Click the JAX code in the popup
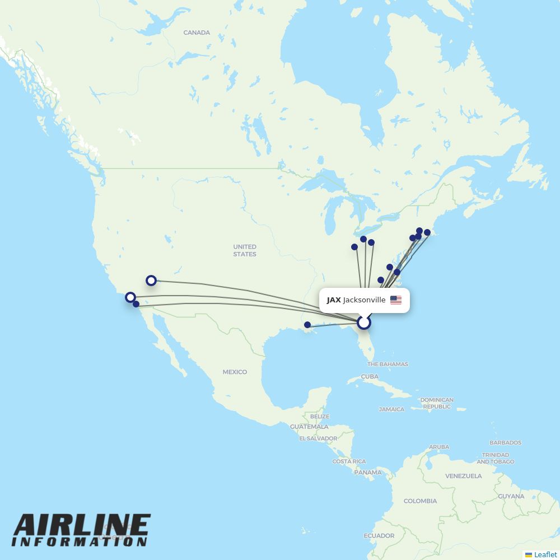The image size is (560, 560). [x=334, y=300]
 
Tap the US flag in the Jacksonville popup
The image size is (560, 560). [x=396, y=300]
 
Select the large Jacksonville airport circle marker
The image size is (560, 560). [x=364, y=323]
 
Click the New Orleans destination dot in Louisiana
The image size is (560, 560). [x=307, y=325]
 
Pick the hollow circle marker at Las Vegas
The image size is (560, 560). [x=151, y=281]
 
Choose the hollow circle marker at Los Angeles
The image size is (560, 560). [x=130, y=297]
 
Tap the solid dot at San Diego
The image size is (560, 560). [x=136, y=304]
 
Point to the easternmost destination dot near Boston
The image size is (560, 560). [x=427, y=232]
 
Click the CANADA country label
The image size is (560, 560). [x=197, y=32]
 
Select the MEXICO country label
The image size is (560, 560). [x=235, y=372]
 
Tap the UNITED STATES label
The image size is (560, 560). [x=245, y=250]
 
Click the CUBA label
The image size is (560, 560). [x=370, y=376]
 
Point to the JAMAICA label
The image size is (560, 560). [x=391, y=409]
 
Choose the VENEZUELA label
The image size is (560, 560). [x=464, y=476]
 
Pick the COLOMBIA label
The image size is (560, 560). [x=420, y=501]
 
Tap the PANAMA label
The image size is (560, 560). [x=368, y=472]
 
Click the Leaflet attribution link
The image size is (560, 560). [x=545, y=554]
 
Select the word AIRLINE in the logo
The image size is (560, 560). [x=82, y=525]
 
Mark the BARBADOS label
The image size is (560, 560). [x=505, y=442]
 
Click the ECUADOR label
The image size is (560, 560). [x=379, y=536]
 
